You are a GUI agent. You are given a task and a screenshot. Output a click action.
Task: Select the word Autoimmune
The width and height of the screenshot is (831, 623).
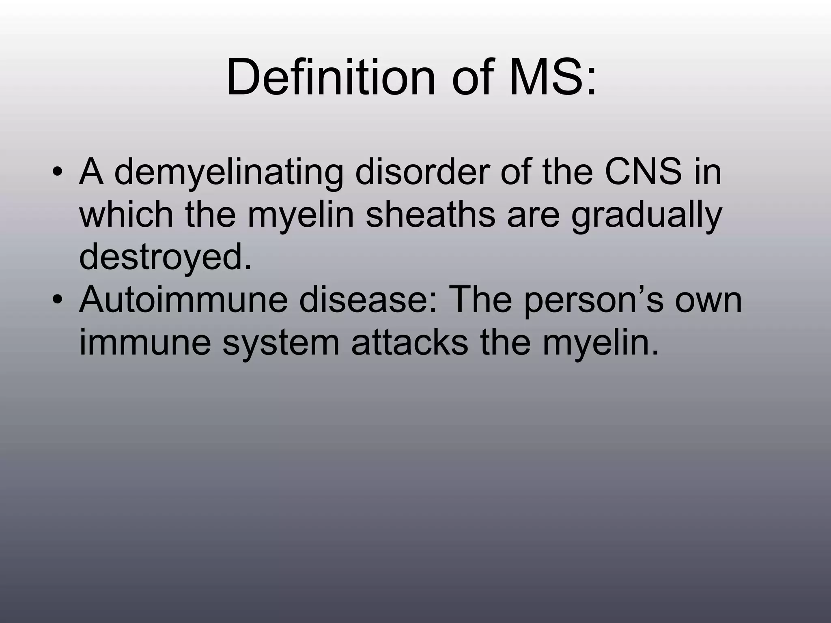click(x=183, y=300)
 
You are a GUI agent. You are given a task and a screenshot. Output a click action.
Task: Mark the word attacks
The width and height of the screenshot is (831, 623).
click(x=409, y=343)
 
